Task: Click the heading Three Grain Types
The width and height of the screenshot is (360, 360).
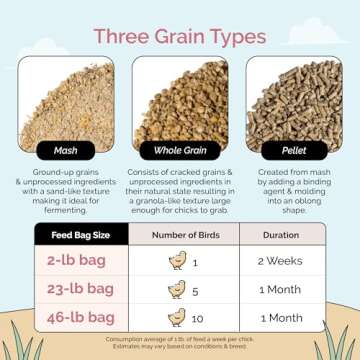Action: [x=180, y=37]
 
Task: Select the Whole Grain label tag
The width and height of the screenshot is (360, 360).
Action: [x=180, y=152]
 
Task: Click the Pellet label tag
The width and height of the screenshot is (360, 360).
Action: [x=295, y=152]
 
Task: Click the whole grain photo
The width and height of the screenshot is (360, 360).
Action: [x=180, y=100]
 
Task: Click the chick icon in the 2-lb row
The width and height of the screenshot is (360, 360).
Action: [x=178, y=261]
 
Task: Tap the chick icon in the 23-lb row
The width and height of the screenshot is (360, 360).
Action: [x=178, y=289]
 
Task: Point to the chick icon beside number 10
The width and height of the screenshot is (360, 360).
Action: [x=176, y=317]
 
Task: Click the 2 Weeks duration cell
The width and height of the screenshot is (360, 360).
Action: [x=281, y=261]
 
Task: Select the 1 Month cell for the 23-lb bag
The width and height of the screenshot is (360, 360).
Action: [x=281, y=289]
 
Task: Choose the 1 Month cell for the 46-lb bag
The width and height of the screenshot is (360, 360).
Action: [x=281, y=317]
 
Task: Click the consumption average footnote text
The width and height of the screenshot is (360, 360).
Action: [x=180, y=342]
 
